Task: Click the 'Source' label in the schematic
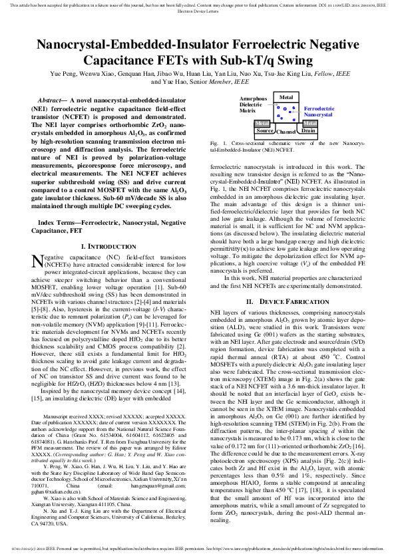265,131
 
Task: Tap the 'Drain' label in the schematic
308,131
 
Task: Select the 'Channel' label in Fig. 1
287,132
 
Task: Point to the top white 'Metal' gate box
286,98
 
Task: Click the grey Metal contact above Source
262,124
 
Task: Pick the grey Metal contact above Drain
310,124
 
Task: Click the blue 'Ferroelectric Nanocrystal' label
319,111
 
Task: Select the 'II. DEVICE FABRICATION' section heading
288,301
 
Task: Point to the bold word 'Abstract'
53,99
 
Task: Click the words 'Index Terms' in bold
58,221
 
